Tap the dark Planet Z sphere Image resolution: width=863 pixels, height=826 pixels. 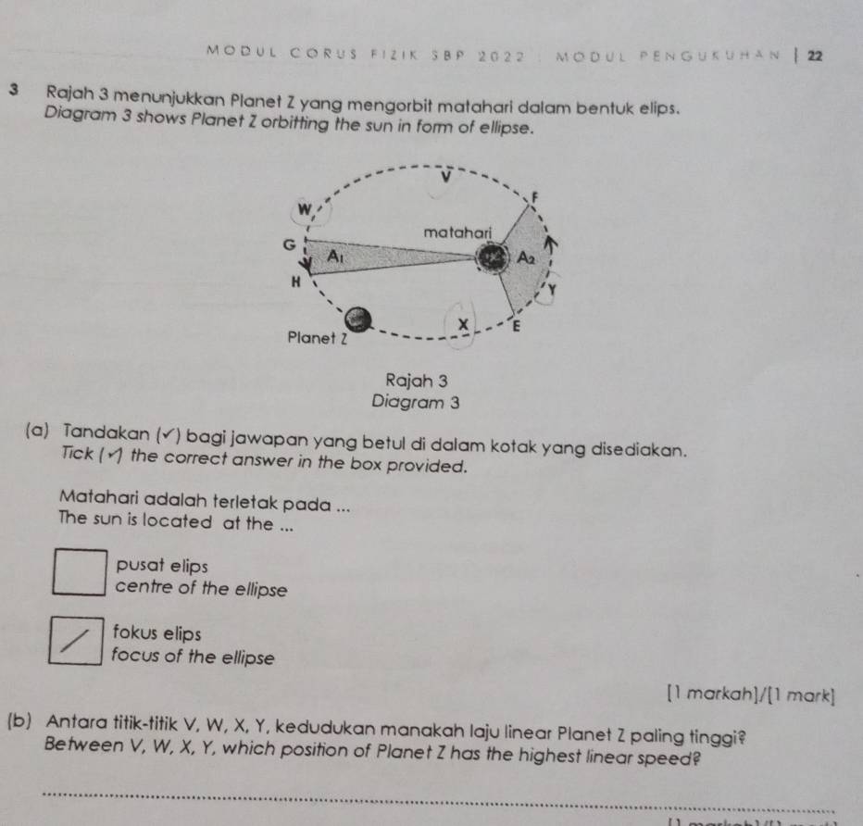point(364,319)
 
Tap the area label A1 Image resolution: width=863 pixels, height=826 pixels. point(332,256)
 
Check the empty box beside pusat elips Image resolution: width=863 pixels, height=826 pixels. point(77,572)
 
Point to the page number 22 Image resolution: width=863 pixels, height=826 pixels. point(814,56)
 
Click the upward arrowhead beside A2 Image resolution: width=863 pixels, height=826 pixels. point(554,243)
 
